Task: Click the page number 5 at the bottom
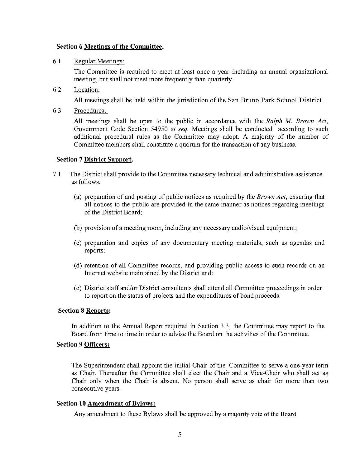pos(180,434)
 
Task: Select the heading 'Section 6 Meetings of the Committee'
pos(110,47)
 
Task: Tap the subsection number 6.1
pos(57,61)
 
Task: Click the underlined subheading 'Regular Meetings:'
pos(99,61)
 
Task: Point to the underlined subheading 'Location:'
pos(87,90)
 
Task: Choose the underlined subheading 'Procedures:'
pos(90,110)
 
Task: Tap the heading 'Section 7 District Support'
pos(94,159)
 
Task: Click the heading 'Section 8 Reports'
pos(84,311)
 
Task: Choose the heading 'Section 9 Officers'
pos(83,344)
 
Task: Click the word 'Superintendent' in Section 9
pos(104,365)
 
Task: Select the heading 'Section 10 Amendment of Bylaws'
pos(106,403)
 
